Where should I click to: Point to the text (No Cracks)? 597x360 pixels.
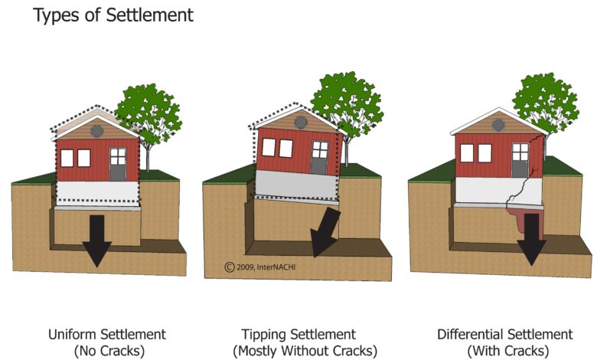[x=109, y=351]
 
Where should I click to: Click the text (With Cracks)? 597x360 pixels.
[x=508, y=351]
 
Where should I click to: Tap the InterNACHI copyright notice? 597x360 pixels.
[x=260, y=267]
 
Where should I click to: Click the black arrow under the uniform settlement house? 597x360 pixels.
[x=97, y=241]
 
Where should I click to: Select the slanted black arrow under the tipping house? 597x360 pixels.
[x=325, y=233]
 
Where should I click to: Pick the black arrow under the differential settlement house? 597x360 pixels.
[x=531, y=239]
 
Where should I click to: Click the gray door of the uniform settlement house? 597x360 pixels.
[x=118, y=165]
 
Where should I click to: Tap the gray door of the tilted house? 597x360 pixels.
[x=319, y=158]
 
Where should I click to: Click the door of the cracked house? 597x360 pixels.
[x=520, y=160]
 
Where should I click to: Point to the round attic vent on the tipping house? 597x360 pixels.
[x=301, y=123]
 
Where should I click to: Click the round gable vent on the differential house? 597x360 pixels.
[x=498, y=125]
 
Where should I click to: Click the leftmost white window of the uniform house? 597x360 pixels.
[x=67, y=158]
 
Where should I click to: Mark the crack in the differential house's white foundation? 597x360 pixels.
[x=522, y=185]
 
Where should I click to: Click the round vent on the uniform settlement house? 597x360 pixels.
[x=97, y=131]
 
